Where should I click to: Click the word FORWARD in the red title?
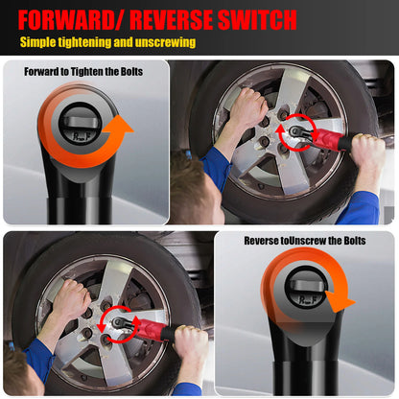tap(66, 19)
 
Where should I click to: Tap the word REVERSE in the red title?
tap(172, 19)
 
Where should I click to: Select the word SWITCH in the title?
tap(257, 19)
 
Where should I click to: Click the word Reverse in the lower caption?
tap(262, 241)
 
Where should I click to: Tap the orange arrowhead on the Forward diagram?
tap(122, 125)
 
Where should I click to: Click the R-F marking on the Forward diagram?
tap(82, 136)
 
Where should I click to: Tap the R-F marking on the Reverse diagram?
tap(308, 299)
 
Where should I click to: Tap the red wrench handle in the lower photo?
tap(152, 329)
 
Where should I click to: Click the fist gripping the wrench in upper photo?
tap(368, 152)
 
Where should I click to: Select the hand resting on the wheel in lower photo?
tap(72, 298)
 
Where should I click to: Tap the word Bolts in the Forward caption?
tap(131, 72)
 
